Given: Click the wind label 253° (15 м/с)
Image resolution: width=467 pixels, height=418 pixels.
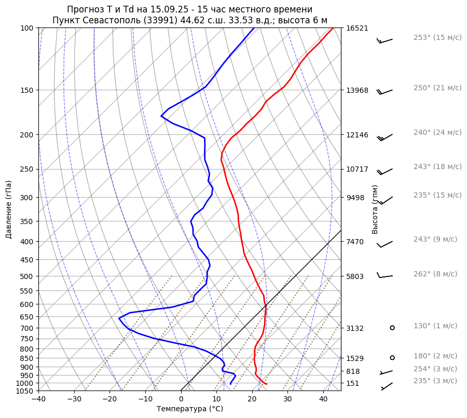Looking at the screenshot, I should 437,38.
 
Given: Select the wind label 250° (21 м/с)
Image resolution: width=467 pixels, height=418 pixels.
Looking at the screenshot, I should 437,88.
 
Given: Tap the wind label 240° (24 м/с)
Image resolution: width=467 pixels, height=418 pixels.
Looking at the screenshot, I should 437,133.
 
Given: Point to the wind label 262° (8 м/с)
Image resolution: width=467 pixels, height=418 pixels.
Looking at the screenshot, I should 435,274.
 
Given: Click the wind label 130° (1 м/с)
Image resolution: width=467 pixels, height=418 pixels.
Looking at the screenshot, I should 435,326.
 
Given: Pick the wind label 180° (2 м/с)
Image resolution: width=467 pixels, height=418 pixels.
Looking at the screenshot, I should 435,356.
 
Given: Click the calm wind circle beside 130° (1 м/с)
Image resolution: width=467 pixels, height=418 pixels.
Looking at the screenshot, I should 392,328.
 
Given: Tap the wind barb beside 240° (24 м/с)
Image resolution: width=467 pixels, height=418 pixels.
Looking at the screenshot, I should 384,137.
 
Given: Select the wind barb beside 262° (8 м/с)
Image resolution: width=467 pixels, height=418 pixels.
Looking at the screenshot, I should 384,276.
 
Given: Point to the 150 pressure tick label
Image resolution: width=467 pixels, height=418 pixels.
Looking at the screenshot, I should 28,90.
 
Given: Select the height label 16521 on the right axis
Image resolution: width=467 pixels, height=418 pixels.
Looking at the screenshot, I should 357,28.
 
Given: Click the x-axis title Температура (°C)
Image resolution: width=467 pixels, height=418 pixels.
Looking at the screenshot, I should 190,409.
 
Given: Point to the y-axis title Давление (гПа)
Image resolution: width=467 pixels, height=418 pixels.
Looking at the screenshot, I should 9,210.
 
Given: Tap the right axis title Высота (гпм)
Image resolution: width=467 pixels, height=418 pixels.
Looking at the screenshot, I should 375,210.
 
